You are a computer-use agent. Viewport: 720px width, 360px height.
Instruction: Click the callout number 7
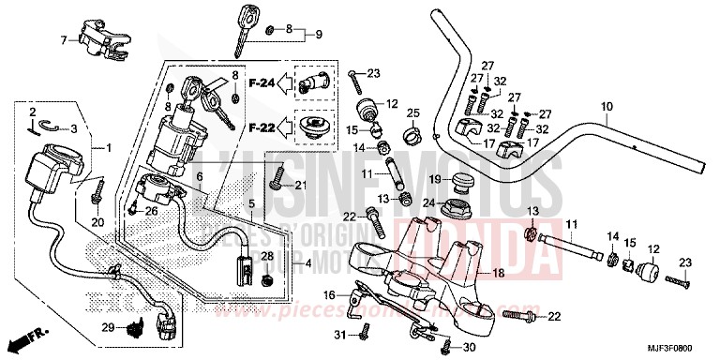click(65, 40)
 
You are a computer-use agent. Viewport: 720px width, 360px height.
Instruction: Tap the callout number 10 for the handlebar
click(607, 106)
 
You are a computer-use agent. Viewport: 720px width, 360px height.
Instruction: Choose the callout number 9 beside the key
click(317, 35)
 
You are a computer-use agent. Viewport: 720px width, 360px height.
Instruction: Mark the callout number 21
click(300, 186)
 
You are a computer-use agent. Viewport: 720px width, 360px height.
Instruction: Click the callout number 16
click(329, 294)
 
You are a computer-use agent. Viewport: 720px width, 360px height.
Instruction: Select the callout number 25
click(410, 113)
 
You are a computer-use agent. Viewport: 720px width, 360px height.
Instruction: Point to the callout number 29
click(108, 326)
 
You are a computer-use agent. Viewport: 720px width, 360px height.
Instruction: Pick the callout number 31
click(338, 335)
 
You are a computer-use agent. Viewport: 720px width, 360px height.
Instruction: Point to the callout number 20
click(97, 221)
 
